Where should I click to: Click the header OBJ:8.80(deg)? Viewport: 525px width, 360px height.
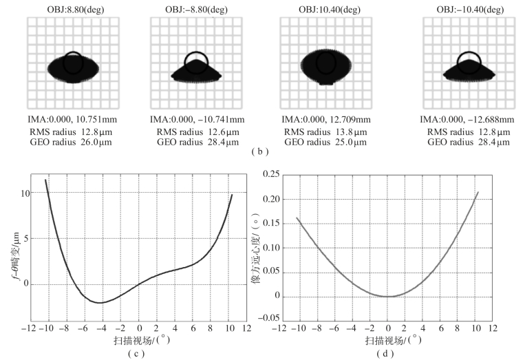(74, 8)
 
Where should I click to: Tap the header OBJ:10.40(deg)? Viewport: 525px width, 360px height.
(328, 8)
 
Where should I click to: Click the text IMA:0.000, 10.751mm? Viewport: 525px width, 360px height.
(74, 118)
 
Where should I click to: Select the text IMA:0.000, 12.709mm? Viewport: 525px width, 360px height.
(328, 118)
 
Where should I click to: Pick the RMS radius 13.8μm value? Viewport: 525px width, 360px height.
(328, 131)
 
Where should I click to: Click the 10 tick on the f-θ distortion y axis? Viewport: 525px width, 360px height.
(28, 193)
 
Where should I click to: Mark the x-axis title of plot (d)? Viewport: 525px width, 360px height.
(388, 341)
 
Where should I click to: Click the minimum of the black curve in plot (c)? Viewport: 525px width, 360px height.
(100, 302)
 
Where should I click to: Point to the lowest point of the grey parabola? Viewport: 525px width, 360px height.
(388, 297)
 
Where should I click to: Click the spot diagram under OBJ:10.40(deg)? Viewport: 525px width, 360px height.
(328, 63)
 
